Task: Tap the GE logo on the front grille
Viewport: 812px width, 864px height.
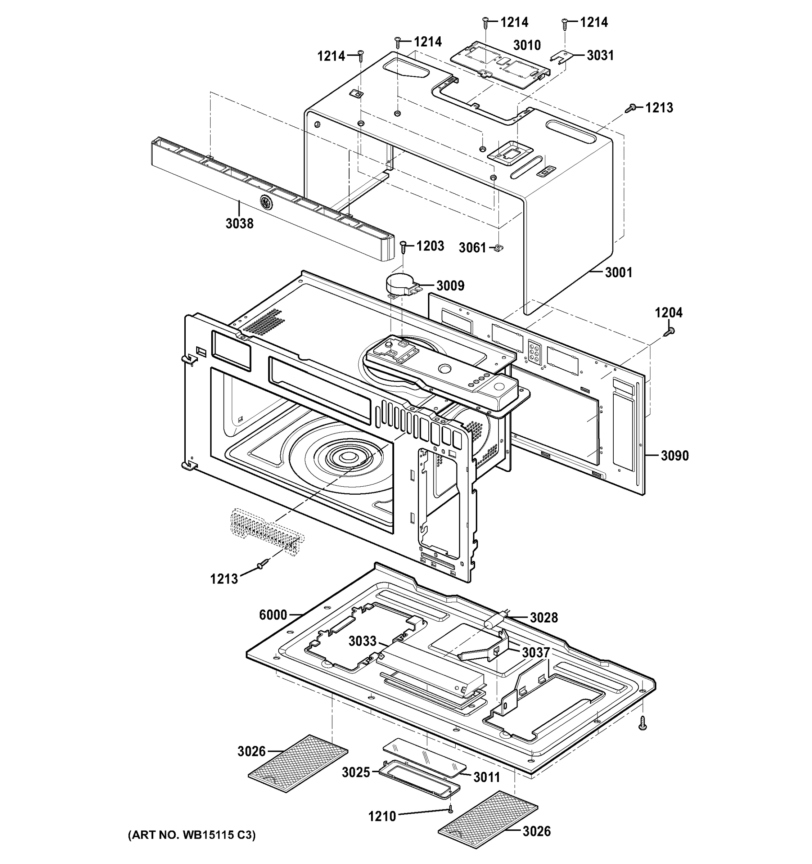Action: (265, 202)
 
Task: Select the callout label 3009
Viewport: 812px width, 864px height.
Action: (450, 285)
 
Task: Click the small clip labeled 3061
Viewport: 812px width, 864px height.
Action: (499, 247)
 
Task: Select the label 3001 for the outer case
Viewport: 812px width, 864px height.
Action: (618, 273)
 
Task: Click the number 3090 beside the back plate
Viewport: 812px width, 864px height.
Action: (675, 455)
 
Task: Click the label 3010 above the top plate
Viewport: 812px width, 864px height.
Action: (527, 45)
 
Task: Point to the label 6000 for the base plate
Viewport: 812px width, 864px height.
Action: (273, 615)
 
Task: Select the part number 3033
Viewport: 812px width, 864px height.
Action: (362, 641)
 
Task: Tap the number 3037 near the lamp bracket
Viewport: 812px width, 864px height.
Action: (536, 652)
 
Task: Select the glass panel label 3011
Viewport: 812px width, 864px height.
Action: (487, 777)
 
